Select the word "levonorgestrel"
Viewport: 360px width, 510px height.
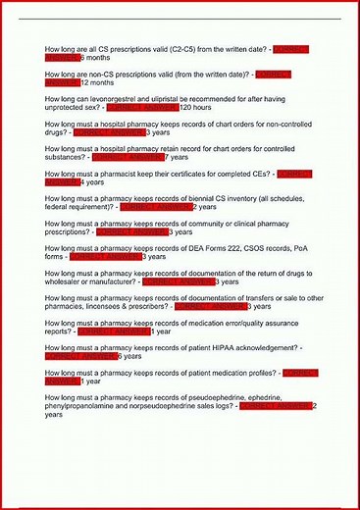[x=131, y=99]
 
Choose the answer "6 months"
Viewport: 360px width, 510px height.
[x=95, y=57]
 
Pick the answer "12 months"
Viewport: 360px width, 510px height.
[x=98, y=82]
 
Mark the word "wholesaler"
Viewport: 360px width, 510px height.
[x=68, y=281]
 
